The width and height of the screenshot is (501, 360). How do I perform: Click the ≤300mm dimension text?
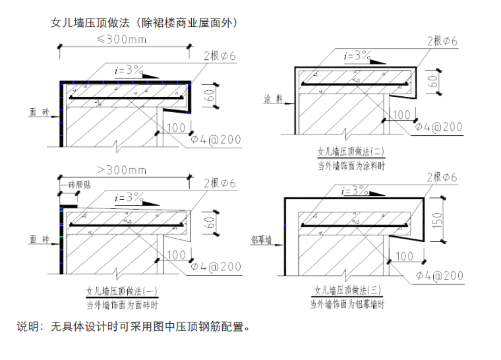(122, 40)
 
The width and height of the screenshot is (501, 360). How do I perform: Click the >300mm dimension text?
(122, 169)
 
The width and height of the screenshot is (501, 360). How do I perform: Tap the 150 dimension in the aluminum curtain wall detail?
(438, 220)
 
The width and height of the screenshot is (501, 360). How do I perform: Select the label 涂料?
(274, 99)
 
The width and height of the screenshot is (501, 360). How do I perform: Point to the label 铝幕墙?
(261, 239)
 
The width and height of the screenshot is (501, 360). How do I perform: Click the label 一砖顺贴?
(76, 185)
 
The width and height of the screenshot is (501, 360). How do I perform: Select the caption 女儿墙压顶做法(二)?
(351, 151)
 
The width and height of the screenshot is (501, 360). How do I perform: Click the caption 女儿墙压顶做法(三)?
(348, 290)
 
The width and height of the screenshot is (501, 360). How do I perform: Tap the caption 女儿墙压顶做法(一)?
(122, 291)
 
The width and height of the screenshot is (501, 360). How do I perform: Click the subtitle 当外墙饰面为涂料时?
(351, 166)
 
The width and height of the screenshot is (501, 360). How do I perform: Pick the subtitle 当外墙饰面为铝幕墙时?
(347, 304)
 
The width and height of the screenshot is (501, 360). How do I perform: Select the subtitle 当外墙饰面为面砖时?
(122, 305)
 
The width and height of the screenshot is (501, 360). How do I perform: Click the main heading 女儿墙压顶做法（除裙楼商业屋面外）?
(144, 22)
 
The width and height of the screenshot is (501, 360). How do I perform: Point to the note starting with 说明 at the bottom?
(134, 326)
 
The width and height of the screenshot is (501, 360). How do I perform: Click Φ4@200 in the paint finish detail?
(438, 127)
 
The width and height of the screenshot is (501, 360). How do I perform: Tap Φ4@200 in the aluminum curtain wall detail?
(440, 276)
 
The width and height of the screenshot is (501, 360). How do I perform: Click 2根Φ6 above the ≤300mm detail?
(220, 56)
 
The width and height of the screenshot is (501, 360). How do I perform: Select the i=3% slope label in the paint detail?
(357, 55)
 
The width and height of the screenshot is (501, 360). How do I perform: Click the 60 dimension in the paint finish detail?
(432, 82)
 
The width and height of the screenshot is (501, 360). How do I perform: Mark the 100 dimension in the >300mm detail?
(177, 255)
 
